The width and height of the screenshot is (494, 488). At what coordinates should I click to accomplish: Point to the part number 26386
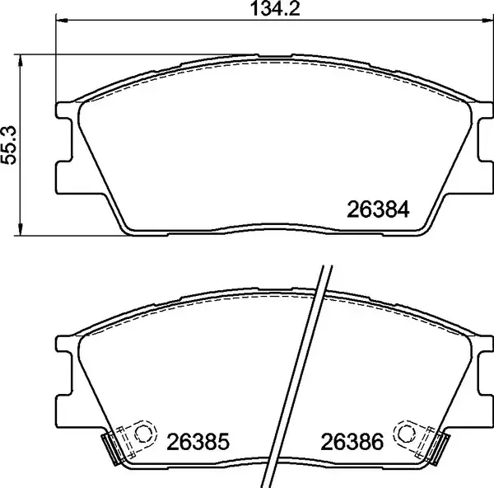352,442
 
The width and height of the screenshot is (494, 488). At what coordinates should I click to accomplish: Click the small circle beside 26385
142,434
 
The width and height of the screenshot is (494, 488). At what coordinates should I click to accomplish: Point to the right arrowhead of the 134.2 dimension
487,21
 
